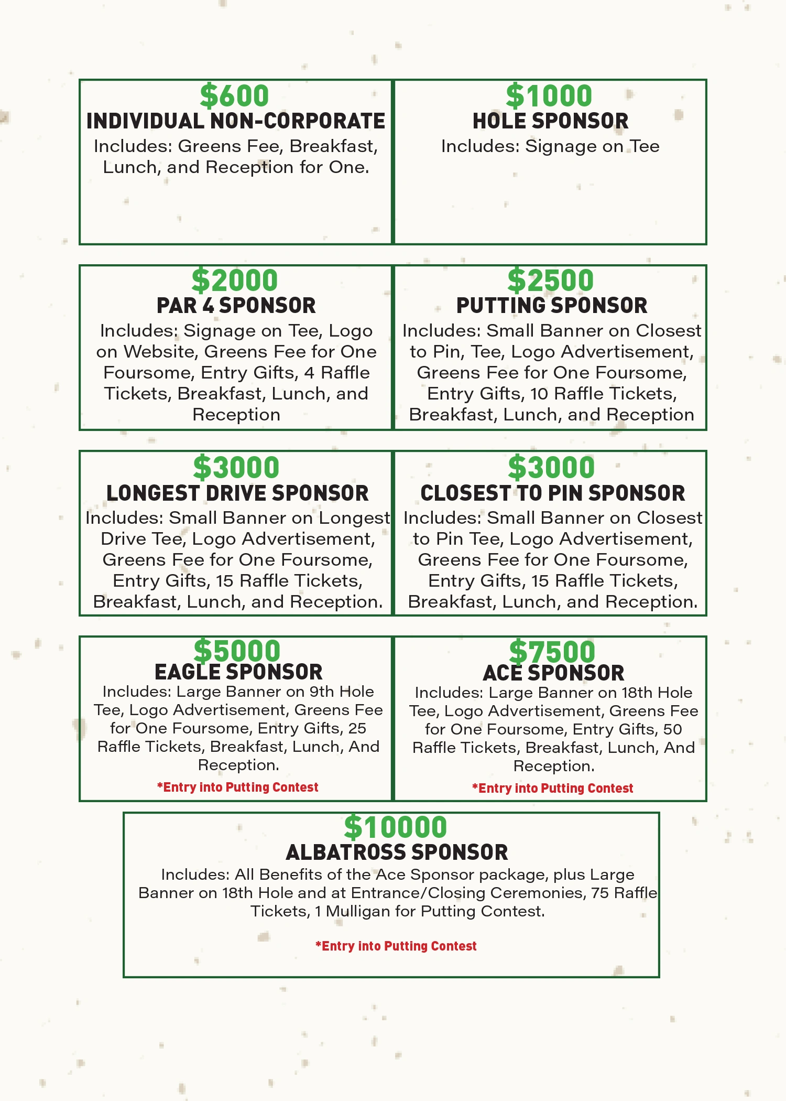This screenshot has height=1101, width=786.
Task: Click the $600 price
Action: click(234, 96)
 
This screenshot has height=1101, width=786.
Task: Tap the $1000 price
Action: click(549, 96)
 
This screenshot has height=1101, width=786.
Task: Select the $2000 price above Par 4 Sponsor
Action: click(234, 280)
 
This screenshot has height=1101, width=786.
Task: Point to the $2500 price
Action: click(551, 280)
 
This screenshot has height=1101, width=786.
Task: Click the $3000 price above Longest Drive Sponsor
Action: click(236, 468)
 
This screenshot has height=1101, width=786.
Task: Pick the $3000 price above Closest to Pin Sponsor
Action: click(551, 468)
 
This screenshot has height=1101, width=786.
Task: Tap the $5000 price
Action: click(237, 651)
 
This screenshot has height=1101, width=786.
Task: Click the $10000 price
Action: click(396, 827)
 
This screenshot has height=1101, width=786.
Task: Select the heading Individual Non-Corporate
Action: click(236, 122)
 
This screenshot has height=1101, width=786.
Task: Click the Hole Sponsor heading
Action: click(550, 122)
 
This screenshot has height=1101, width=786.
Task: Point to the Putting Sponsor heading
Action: click(552, 306)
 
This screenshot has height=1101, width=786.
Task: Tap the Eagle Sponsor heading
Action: click(238, 672)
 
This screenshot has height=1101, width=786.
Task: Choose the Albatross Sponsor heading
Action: click(397, 852)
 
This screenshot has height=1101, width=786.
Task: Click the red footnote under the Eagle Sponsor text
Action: click(237, 787)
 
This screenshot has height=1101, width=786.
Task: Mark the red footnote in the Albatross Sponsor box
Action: click(396, 946)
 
